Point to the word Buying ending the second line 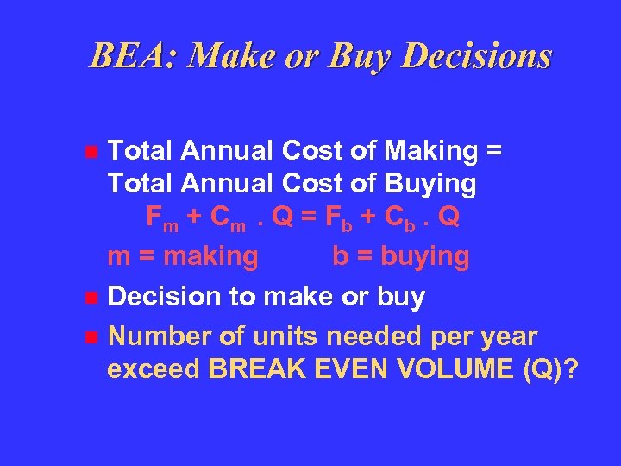click(x=432, y=184)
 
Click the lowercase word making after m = click(x=210, y=256)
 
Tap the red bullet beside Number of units click(x=91, y=337)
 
